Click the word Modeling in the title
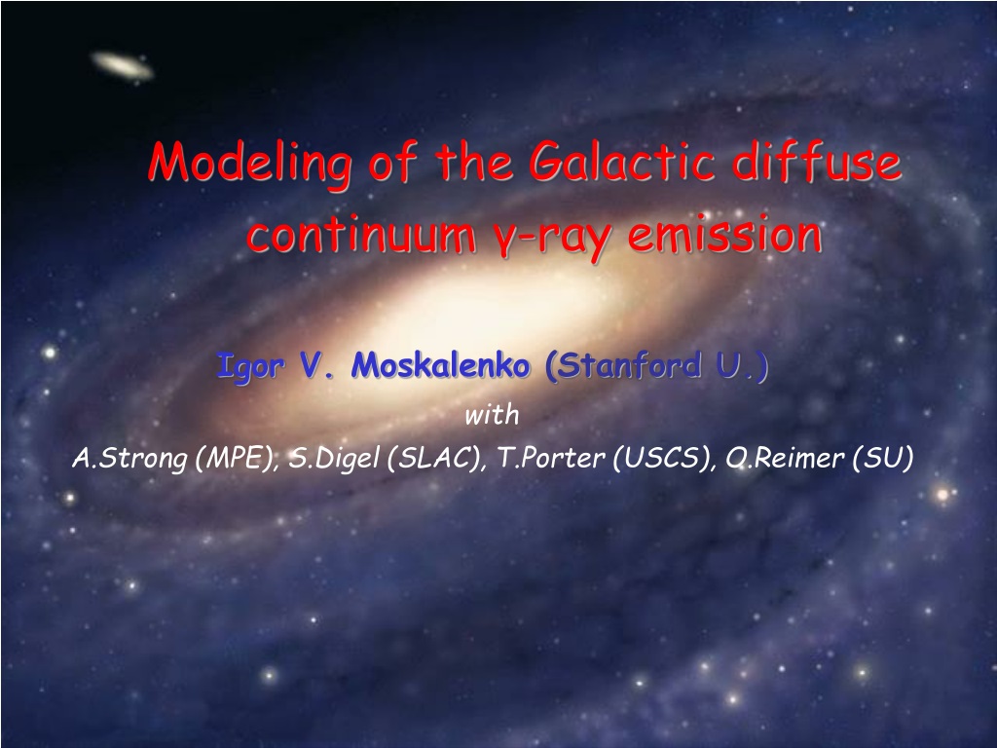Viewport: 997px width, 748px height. pyautogui.click(x=248, y=164)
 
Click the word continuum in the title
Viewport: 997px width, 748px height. pyautogui.click(x=361, y=234)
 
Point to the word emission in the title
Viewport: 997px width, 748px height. pyautogui.click(x=724, y=234)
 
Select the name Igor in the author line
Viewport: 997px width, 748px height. pyautogui.click(x=250, y=366)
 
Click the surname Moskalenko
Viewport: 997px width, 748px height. pyautogui.click(x=441, y=365)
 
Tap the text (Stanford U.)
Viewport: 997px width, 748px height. pyautogui.click(x=657, y=366)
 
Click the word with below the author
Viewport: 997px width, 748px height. pyautogui.click(x=492, y=415)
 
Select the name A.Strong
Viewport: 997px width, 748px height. pyautogui.click(x=129, y=459)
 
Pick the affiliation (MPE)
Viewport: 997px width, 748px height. pyautogui.click(x=238, y=458)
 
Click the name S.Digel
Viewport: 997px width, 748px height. pyautogui.click(x=334, y=458)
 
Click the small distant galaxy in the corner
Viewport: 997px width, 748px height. pyautogui.click(x=122, y=66)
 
